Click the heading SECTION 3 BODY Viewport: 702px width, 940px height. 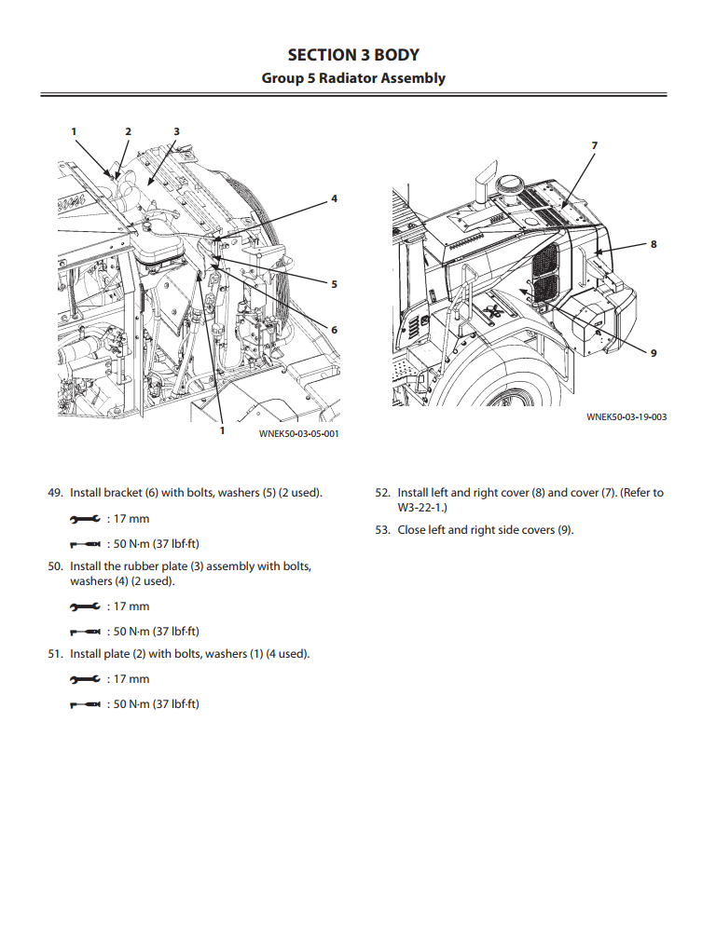[x=352, y=55]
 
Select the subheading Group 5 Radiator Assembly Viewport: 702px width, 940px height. [x=352, y=78]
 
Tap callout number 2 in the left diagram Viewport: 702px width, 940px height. [x=129, y=131]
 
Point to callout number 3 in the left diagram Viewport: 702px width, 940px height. [x=176, y=131]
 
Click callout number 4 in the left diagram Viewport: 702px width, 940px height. [x=334, y=198]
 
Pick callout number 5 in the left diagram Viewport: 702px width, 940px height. [x=334, y=284]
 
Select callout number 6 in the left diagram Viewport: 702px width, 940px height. [x=334, y=329]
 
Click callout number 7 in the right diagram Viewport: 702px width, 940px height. [x=595, y=145]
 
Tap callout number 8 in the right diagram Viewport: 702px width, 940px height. [x=654, y=244]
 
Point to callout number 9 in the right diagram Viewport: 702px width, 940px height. [x=654, y=352]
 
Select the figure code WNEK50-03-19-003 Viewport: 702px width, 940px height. [x=626, y=417]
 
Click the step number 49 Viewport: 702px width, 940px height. [x=55, y=493]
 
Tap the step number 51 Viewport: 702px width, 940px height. [x=55, y=654]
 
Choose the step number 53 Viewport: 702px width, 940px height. [x=382, y=530]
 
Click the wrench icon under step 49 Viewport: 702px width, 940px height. [x=84, y=519]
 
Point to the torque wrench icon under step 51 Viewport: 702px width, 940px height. [x=84, y=704]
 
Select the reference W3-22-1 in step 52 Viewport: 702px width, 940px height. [x=421, y=508]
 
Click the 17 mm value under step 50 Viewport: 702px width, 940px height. [x=131, y=606]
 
